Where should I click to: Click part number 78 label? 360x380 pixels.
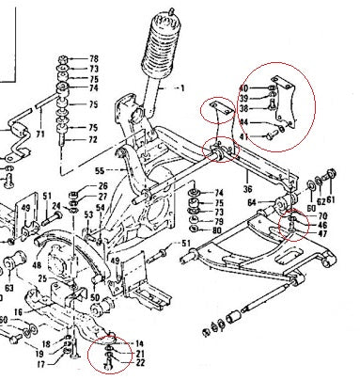(93, 58)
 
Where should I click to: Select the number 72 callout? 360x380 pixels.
(93, 139)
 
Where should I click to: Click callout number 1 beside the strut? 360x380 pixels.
(183, 89)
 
